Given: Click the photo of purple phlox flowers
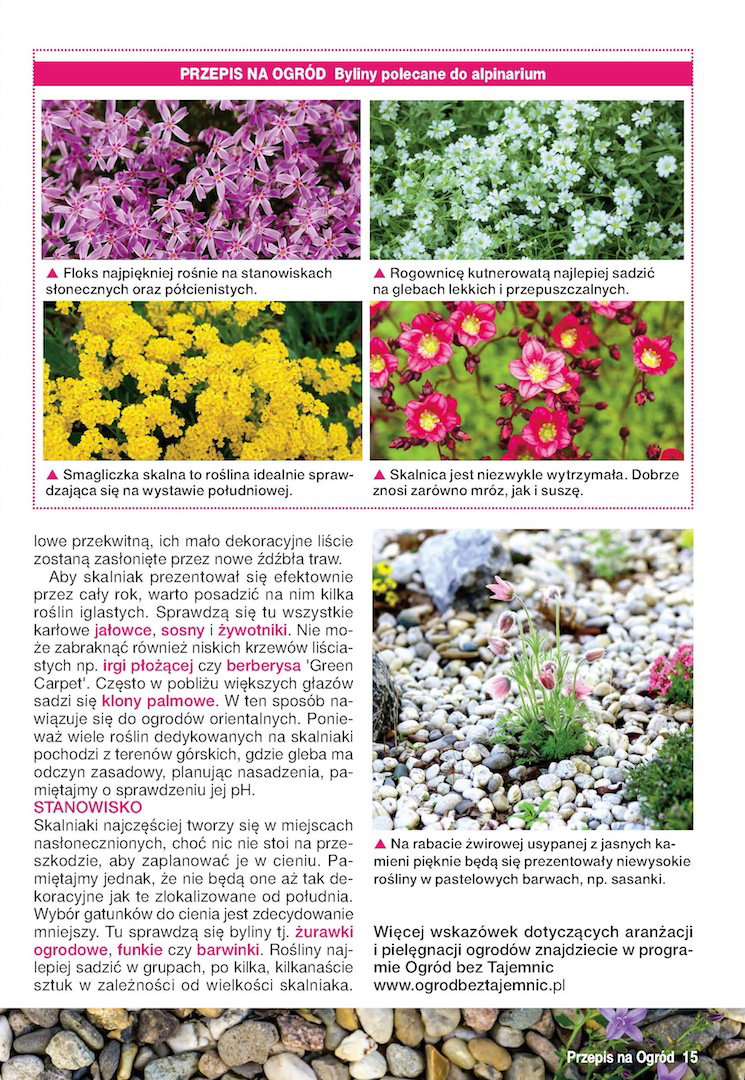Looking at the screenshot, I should (x=201, y=179).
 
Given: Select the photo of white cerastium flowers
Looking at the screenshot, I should (x=527, y=179).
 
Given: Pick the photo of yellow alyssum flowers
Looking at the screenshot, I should (x=201, y=380).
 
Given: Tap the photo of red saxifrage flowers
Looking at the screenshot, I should (x=527, y=380).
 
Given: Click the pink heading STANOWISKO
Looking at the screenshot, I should (x=88, y=806).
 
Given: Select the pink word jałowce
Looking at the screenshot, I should (x=123, y=631).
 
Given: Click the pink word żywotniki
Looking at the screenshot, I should (x=252, y=631).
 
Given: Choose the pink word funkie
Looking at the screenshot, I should (x=139, y=948).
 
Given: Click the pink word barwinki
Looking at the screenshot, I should (x=228, y=948).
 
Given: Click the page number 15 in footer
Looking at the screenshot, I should (x=689, y=1056).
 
